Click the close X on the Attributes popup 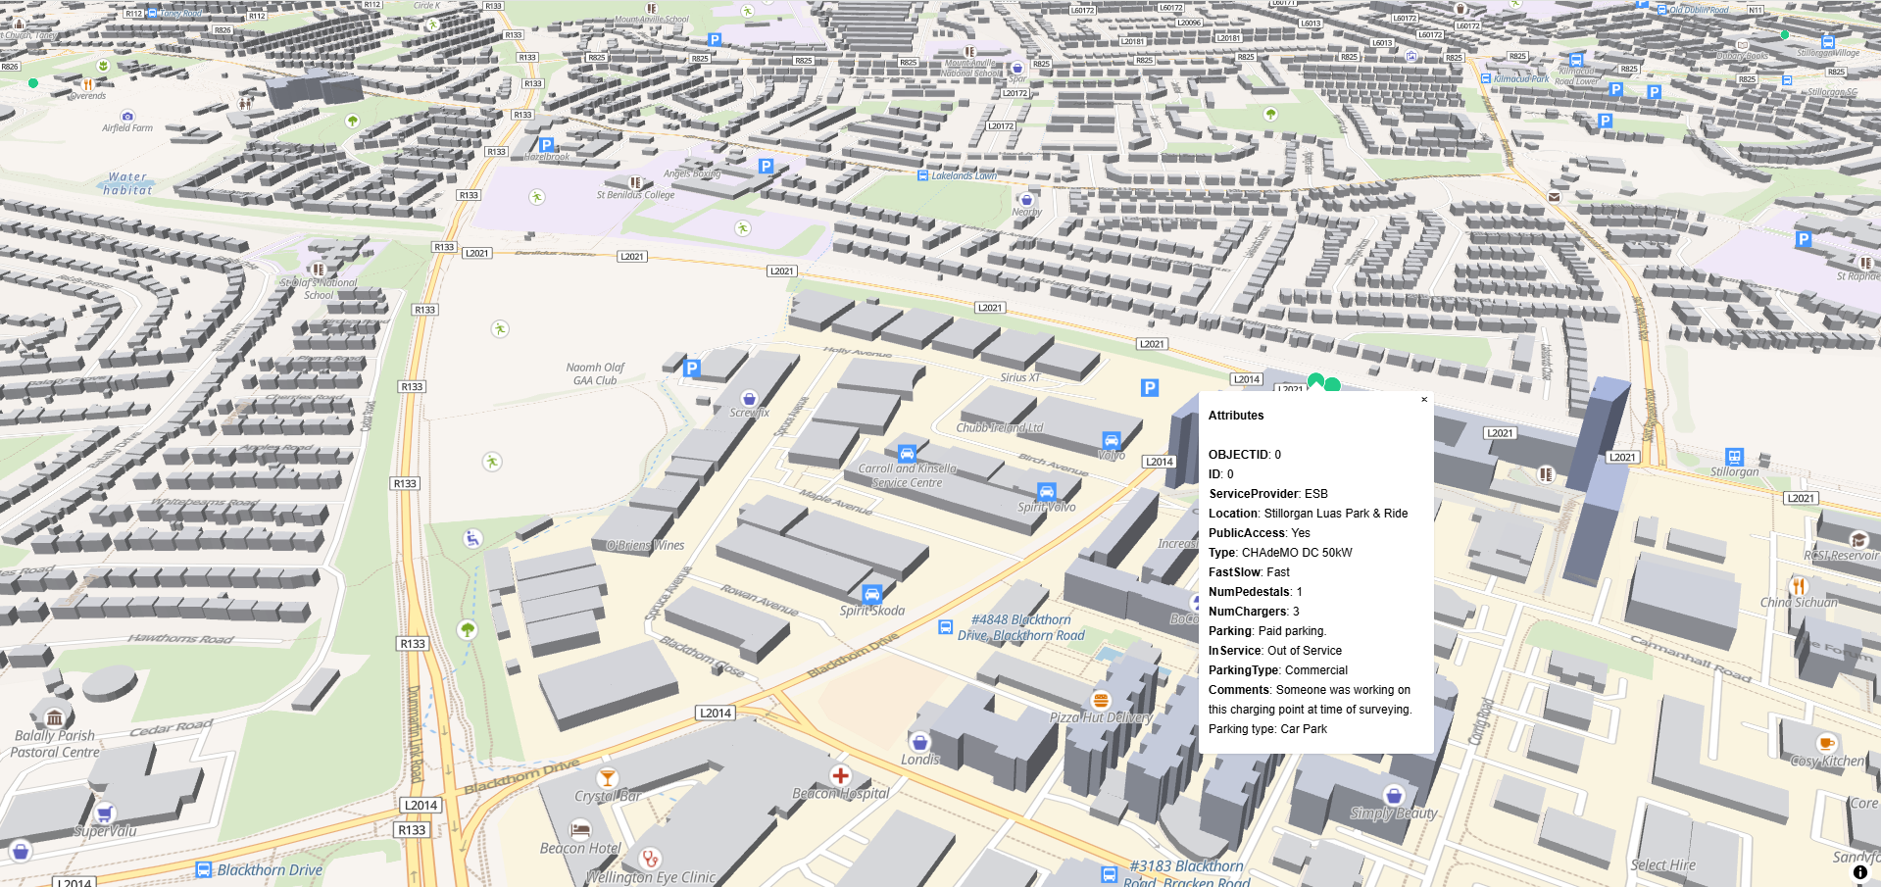1424,400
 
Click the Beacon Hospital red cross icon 840,775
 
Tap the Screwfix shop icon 749,399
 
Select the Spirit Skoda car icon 871,594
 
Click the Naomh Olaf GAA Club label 595,373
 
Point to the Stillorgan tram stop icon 1734,457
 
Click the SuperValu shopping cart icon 104,813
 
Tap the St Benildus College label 635,195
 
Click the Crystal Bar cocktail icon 607,778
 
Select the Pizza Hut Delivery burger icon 1101,700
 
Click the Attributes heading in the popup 1236,416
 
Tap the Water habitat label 128,183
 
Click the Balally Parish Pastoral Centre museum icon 55,717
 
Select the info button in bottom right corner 1859,871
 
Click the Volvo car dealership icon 1111,440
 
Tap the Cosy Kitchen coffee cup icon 1825,743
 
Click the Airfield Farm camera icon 127,116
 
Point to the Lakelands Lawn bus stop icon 922,175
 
